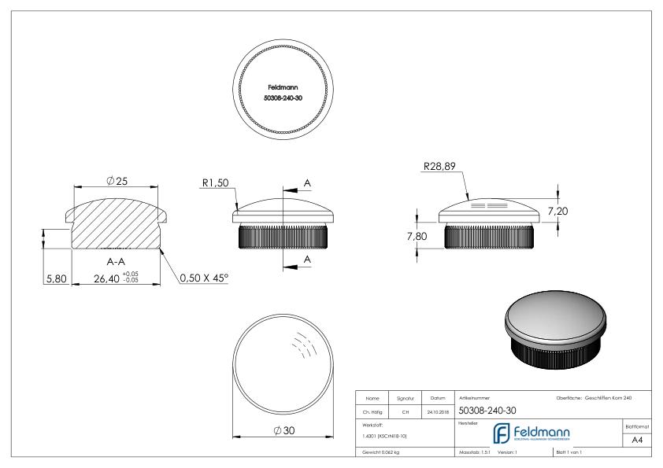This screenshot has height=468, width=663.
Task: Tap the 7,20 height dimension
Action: (557, 212)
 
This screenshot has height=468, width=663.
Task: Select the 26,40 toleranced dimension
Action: (111, 277)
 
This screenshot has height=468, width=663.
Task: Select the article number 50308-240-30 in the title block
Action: (487, 410)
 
